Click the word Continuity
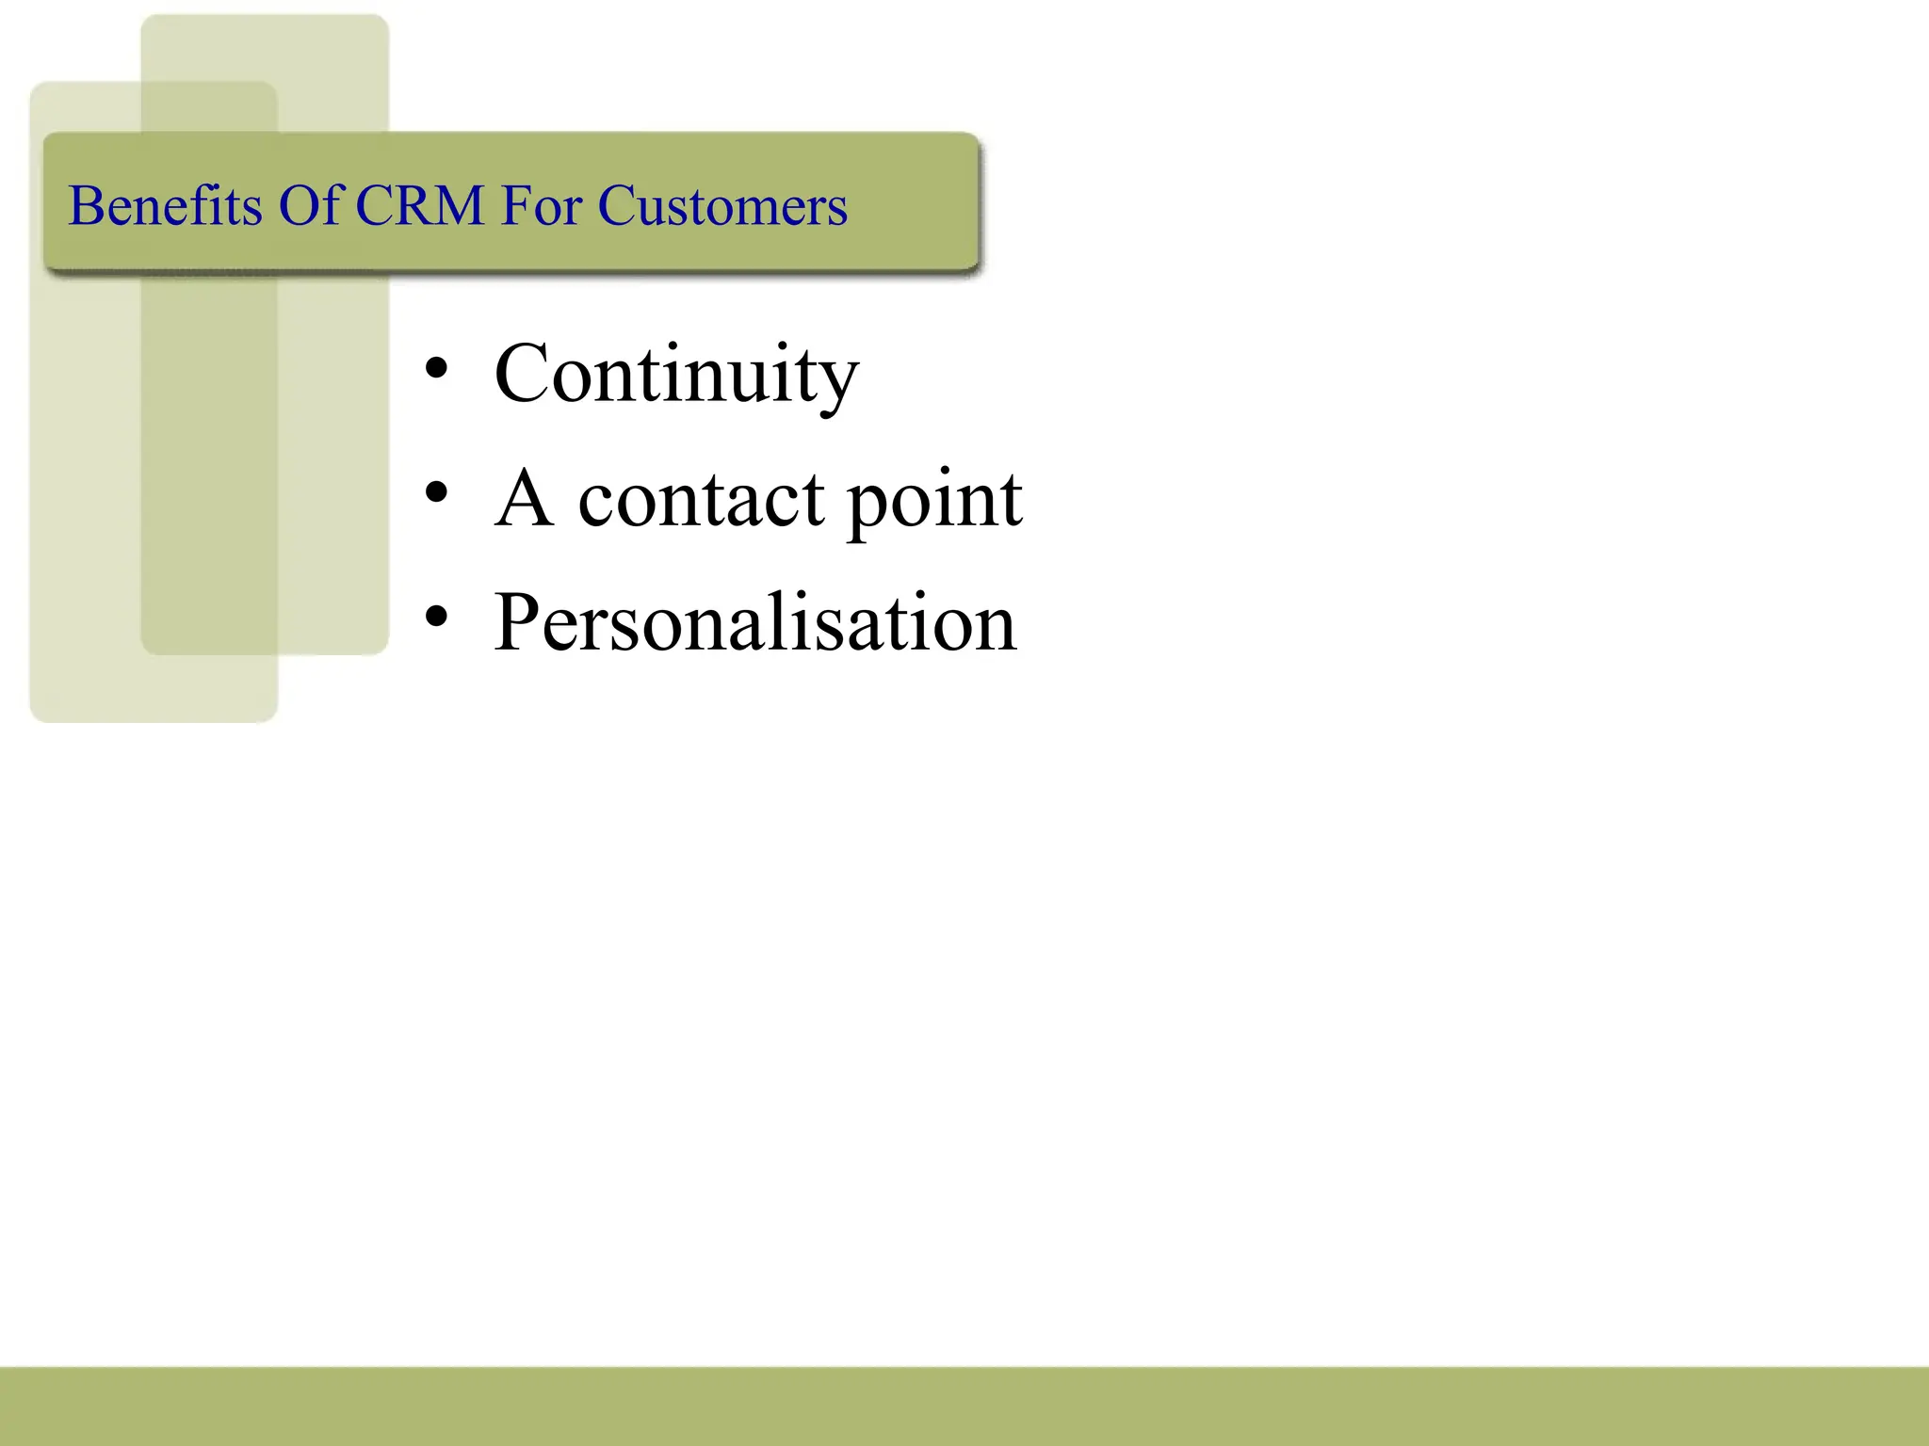(676, 375)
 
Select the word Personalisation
(755, 621)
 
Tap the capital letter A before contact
(524, 498)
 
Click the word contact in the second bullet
(702, 498)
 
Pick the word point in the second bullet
(934, 500)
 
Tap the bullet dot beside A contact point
(436, 492)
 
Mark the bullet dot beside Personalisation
(436, 617)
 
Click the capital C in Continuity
(522, 374)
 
